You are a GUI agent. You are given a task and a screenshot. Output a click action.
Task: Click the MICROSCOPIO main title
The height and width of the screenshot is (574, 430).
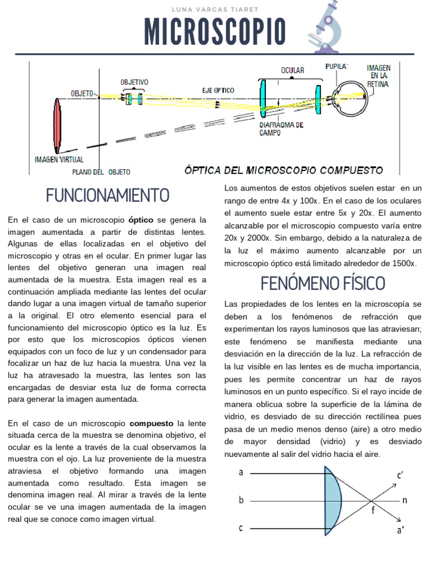click(x=215, y=32)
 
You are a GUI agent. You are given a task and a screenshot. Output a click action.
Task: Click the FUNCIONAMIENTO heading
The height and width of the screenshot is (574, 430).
click(x=107, y=196)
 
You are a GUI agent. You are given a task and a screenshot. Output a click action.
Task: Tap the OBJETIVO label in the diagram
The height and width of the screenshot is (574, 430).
click(x=134, y=82)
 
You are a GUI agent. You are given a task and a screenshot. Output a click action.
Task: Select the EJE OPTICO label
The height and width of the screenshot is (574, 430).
click(x=218, y=90)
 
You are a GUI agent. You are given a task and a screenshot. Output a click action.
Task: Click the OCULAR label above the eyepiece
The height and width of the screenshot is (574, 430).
click(x=292, y=71)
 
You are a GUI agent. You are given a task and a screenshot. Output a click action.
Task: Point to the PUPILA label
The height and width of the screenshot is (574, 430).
click(x=336, y=66)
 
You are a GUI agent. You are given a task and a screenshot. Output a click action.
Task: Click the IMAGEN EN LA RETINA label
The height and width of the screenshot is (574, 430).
click(x=378, y=76)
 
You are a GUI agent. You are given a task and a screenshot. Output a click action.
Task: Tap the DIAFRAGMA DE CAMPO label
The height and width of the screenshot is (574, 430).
click(x=281, y=128)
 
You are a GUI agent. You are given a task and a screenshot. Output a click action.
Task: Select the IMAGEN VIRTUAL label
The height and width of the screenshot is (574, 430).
click(x=59, y=159)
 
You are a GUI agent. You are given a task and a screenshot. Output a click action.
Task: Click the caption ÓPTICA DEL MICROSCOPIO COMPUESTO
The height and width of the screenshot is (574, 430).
click(x=284, y=169)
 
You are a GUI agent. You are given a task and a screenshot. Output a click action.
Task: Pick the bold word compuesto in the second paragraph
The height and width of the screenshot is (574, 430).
click(x=152, y=423)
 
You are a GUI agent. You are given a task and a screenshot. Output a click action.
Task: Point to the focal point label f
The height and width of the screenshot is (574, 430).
click(x=373, y=510)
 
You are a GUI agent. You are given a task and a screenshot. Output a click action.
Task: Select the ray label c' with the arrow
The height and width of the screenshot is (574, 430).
click(x=400, y=476)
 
